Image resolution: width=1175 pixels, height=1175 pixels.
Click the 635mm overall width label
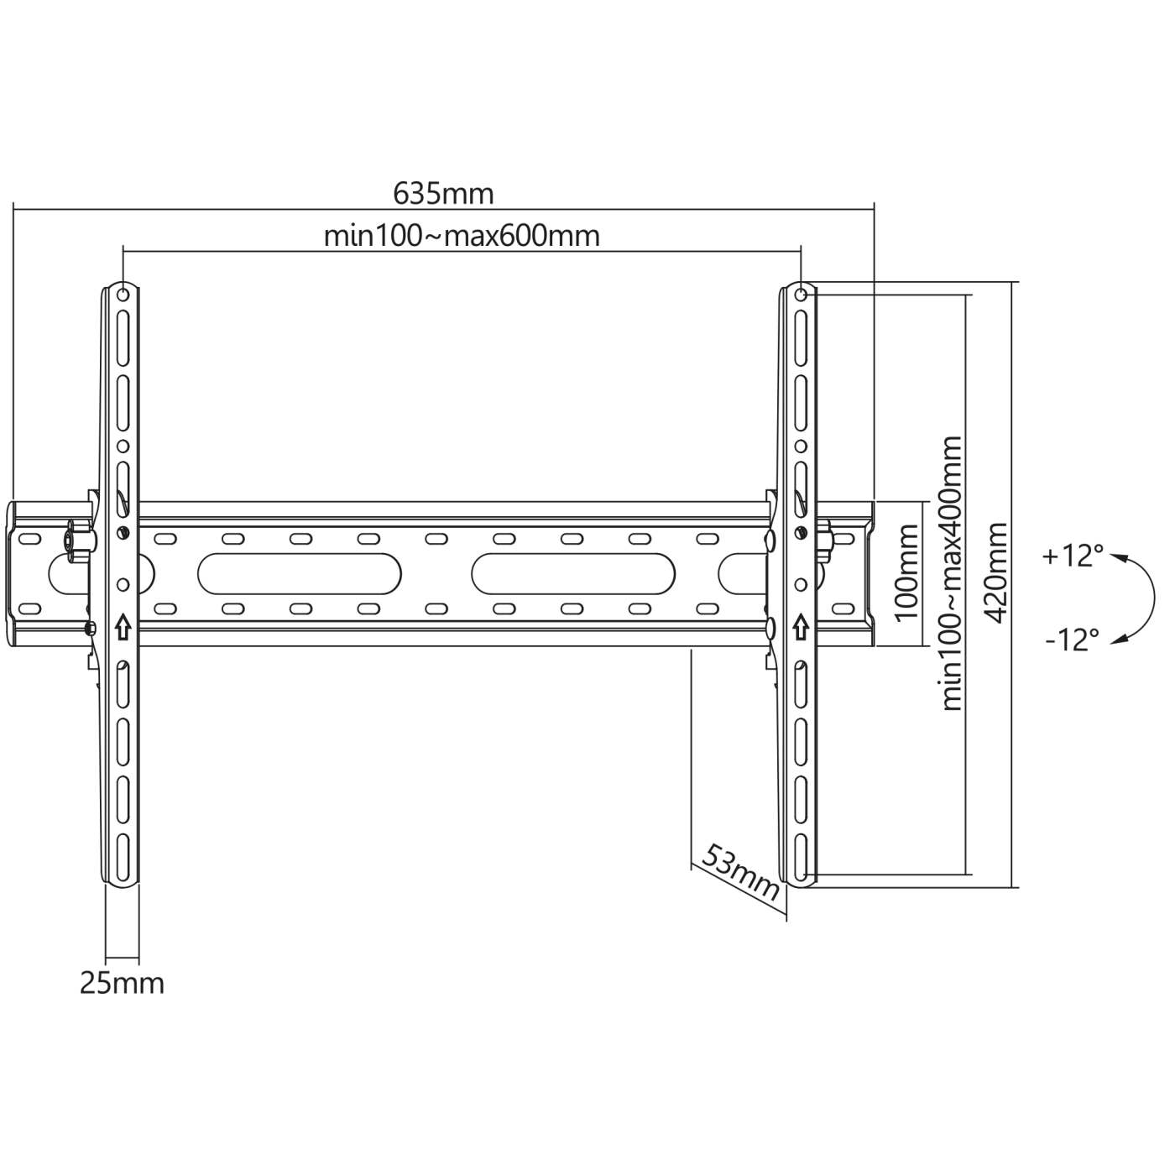click(x=443, y=194)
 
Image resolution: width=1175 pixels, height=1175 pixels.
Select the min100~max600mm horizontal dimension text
click(x=462, y=236)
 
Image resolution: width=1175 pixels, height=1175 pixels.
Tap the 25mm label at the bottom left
click(x=122, y=983)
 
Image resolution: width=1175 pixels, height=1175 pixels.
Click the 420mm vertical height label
click(x=996, y=572)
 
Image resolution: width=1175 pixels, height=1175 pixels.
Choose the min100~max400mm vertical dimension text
click(x=952, y=572)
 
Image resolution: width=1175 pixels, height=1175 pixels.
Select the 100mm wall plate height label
click(x=906, y=572)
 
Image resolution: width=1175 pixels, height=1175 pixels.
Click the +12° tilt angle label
click(x=1072, y=556)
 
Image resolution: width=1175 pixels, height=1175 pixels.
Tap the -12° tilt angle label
click(x=1072, y=640)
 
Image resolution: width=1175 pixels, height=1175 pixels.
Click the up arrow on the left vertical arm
click(x=123, y=626)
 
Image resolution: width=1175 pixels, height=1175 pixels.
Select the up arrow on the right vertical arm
click(x=801, y=626)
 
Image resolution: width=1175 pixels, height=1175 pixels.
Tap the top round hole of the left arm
click(x=123, y=295)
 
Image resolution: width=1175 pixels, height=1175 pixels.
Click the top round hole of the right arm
click(x=801, y=295)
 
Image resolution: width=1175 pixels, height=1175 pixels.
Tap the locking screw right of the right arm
click(x=826, y=537)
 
